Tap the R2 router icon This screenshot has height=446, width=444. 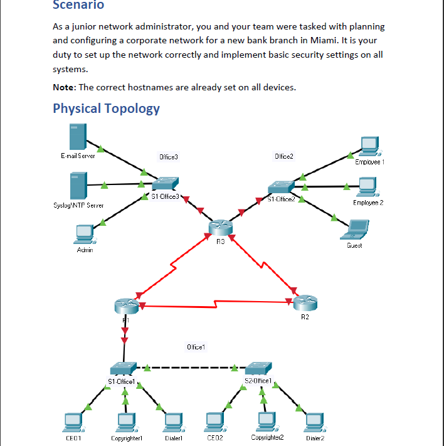305,304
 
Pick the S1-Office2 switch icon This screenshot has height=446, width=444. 280,188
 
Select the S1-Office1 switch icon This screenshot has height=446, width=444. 122,369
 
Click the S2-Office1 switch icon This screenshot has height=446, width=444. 258,368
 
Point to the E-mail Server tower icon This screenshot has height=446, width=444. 78,137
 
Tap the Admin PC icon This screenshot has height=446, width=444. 84,233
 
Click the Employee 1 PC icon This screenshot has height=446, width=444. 369,146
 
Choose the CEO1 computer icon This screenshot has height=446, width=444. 73,422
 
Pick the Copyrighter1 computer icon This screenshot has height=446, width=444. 127,422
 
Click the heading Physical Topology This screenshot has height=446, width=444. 106,109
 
